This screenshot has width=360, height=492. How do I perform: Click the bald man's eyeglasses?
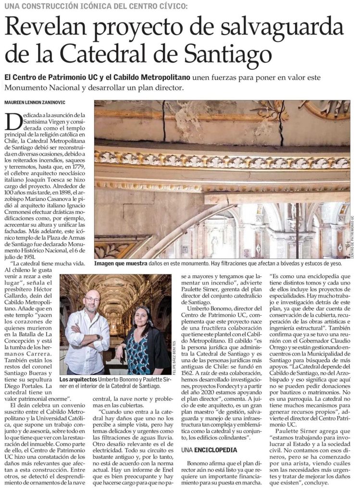[91, 300]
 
